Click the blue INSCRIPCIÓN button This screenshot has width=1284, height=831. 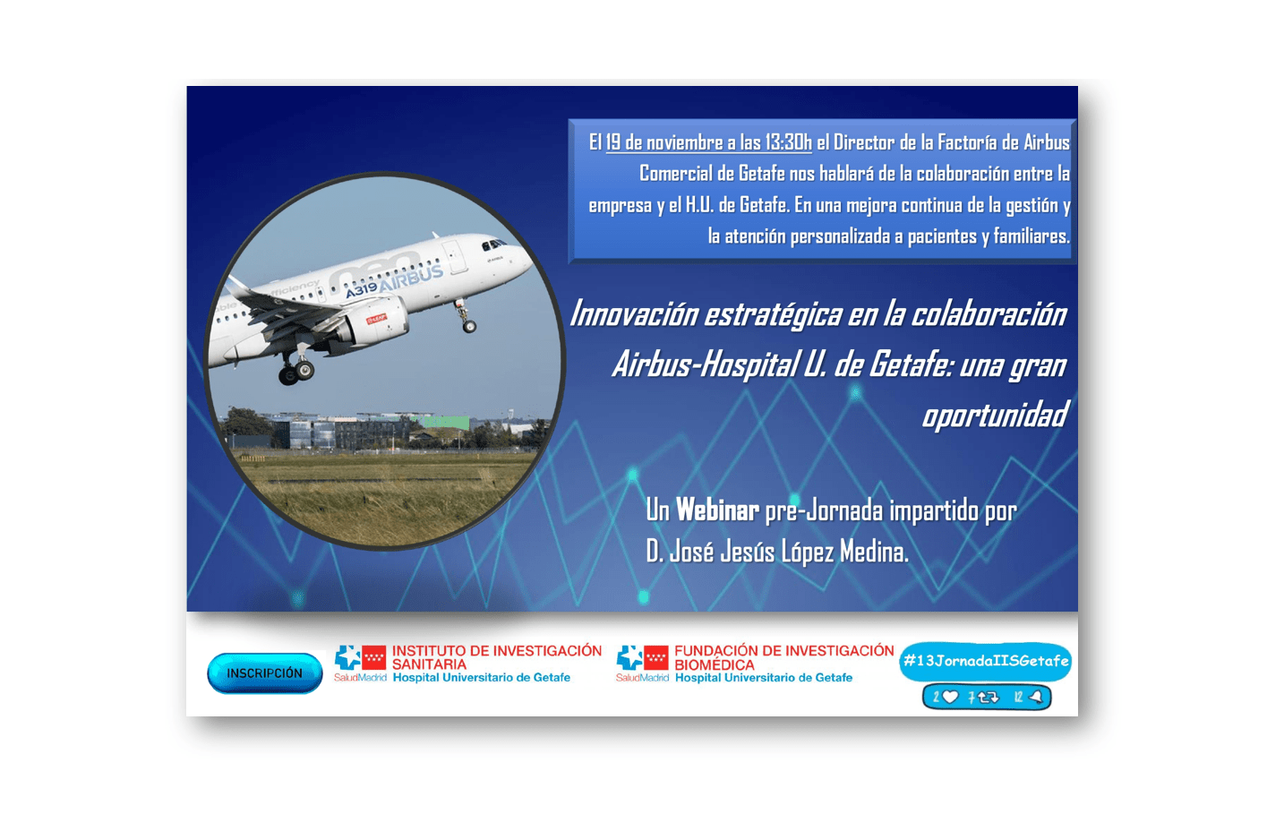point(265,673)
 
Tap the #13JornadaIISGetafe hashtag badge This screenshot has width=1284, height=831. point(985,661)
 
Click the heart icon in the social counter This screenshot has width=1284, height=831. point(950,697)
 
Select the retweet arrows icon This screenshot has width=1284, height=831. point(989,698)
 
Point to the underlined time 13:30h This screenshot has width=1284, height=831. point(788,142)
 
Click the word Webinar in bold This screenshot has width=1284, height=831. point(717,510)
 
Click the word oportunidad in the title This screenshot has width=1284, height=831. point(995,415)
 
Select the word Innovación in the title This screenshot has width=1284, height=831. point(634,314)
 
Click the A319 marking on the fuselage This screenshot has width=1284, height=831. point(361,290)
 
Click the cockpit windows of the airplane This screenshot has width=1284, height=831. point(493,244)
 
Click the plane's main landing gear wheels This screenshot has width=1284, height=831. point(296,370)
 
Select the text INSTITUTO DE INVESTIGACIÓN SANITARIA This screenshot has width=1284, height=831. point(496,657)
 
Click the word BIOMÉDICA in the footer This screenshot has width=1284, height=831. point(715,664)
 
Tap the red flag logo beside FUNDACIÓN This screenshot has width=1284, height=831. point(656,657)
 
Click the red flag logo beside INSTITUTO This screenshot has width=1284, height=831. point(373,656)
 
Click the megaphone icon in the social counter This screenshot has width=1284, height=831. point(1036,697)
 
